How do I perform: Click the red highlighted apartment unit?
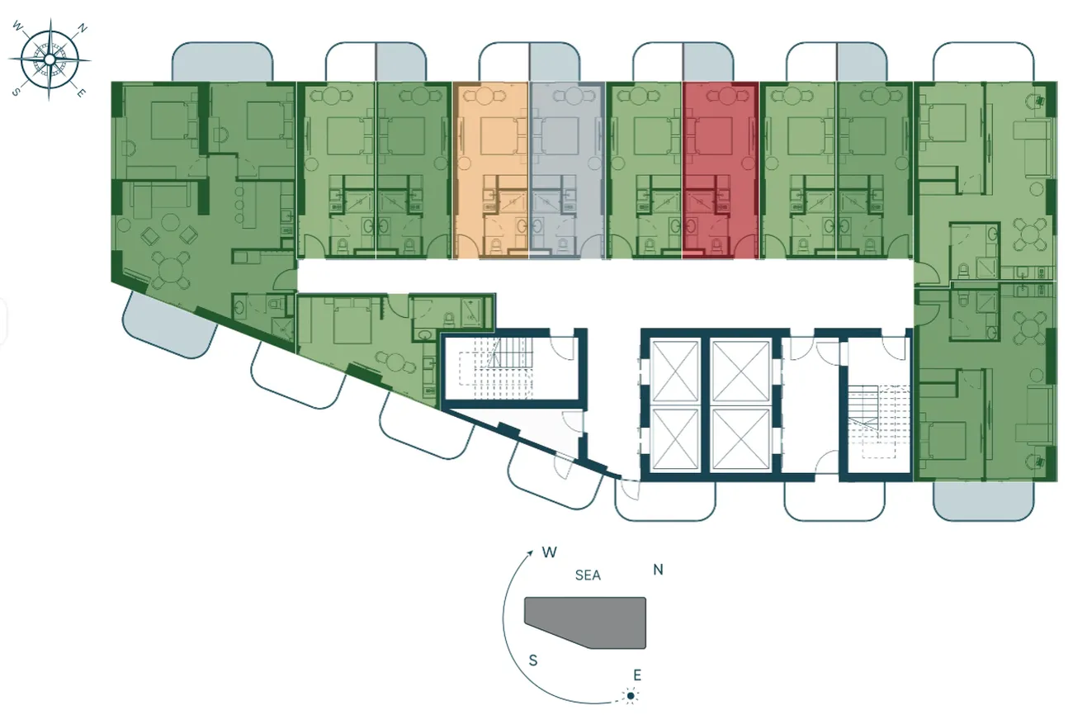coord(721,171)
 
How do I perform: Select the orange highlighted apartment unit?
coord(491,171)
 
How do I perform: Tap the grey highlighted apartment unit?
coord(567,171)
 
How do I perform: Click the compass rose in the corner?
coord(50,59)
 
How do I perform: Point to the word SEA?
coord(588,575)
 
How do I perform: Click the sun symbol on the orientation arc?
coord(631,695)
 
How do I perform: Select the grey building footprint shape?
coord(585,623)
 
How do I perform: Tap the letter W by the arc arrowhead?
coord(550,552)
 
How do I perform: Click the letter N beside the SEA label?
coord(658,570)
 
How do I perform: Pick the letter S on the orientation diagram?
coord(533,661)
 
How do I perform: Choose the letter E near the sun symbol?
coord(637,675)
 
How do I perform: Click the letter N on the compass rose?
coord(83,29)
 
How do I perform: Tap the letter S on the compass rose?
coord(16,92)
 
